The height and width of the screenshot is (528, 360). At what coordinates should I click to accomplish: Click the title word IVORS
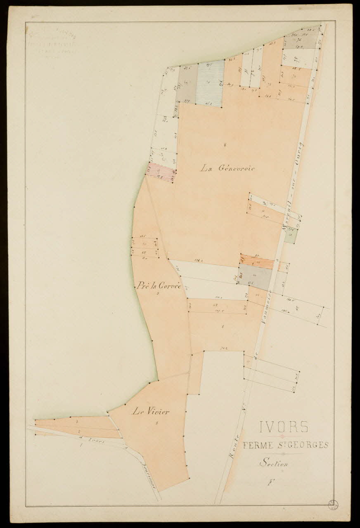pos(284,427)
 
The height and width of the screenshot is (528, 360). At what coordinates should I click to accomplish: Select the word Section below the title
pos(273,463)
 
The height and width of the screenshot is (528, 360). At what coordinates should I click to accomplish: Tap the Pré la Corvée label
pos(159,285)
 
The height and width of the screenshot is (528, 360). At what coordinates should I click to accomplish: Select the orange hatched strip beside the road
pos(258,262)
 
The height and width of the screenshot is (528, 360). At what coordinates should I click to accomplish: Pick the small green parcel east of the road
pos(291,236)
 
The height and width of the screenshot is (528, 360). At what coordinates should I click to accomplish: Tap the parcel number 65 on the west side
pos(144,252)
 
